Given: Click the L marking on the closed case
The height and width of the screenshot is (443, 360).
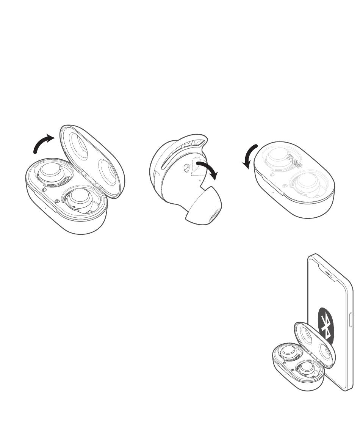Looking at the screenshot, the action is (x=272, y=174).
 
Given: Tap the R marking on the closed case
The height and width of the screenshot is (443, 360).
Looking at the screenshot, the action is (x=285, y=186).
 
